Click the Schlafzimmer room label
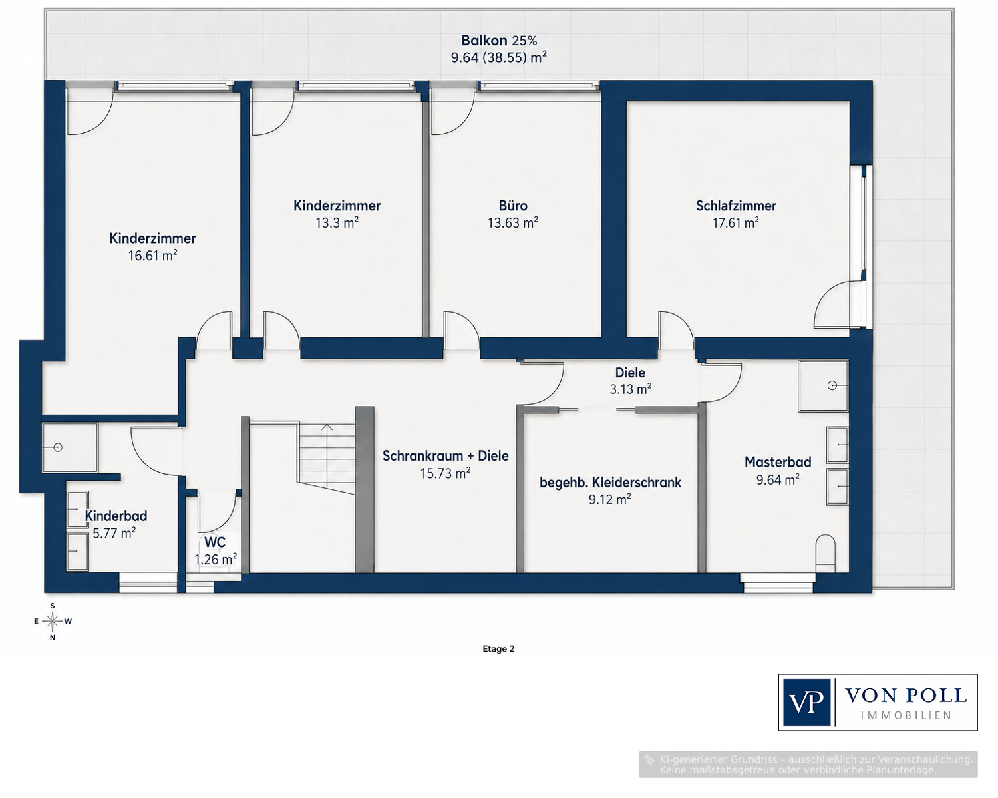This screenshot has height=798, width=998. [736, 206]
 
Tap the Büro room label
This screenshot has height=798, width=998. [513, 206]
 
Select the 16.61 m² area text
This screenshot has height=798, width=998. [152, 255]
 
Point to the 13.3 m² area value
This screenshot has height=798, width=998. [337, 223]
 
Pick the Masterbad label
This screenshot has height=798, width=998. [778, 462]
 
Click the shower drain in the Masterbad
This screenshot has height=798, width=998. [832, 385]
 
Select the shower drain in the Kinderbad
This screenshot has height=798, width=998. [58, 447]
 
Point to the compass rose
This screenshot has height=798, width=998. [53, 621]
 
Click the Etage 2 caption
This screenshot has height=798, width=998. [498, 649]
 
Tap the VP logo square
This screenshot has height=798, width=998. [807, 702]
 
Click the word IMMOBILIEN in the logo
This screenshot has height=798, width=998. [906, 716]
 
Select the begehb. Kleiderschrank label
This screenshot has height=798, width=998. [610, 483]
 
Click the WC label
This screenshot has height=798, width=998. [215, 542]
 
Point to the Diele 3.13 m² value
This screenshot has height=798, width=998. [630, 389]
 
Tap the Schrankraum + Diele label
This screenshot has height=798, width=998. [445, 456]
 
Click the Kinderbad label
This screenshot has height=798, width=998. [116, 516]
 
